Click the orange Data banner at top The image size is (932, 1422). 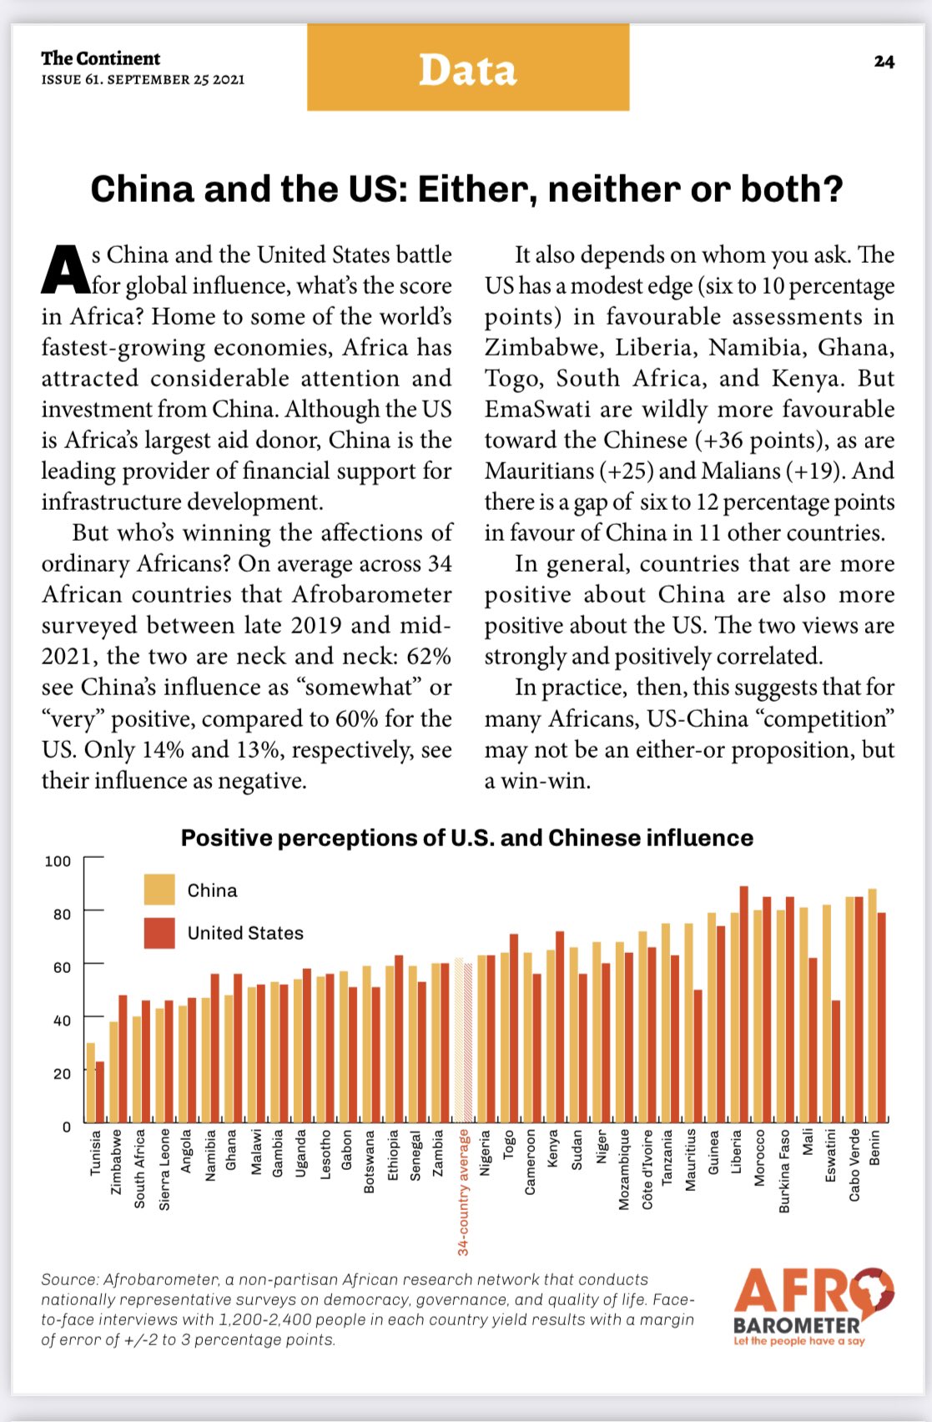click(x=467, y=68)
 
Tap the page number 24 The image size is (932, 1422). click(x=884, y=62)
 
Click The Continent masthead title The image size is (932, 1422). click(x=100, y=58)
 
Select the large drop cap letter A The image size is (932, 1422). click(x=64, y=270)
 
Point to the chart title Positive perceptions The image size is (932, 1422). click(x=466, y=838)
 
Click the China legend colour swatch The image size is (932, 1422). click(x=159, y=890)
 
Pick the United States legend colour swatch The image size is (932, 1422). click(x=159, y=933)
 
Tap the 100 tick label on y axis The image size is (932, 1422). click(x=58, y=861)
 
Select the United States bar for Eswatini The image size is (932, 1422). click(x=836, y=1061)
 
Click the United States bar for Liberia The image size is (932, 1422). click(x=743, y=1005)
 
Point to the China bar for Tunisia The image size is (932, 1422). click(x=90, y=1082)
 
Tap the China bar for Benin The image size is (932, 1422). click(x=873, y=1006)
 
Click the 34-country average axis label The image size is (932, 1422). click(x=464, y=1193)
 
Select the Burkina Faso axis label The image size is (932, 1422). click(x=784, y=1171)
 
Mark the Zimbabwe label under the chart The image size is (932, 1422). click(x=117, y=1162)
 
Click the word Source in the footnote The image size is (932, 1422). click(x=69, y=1279)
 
